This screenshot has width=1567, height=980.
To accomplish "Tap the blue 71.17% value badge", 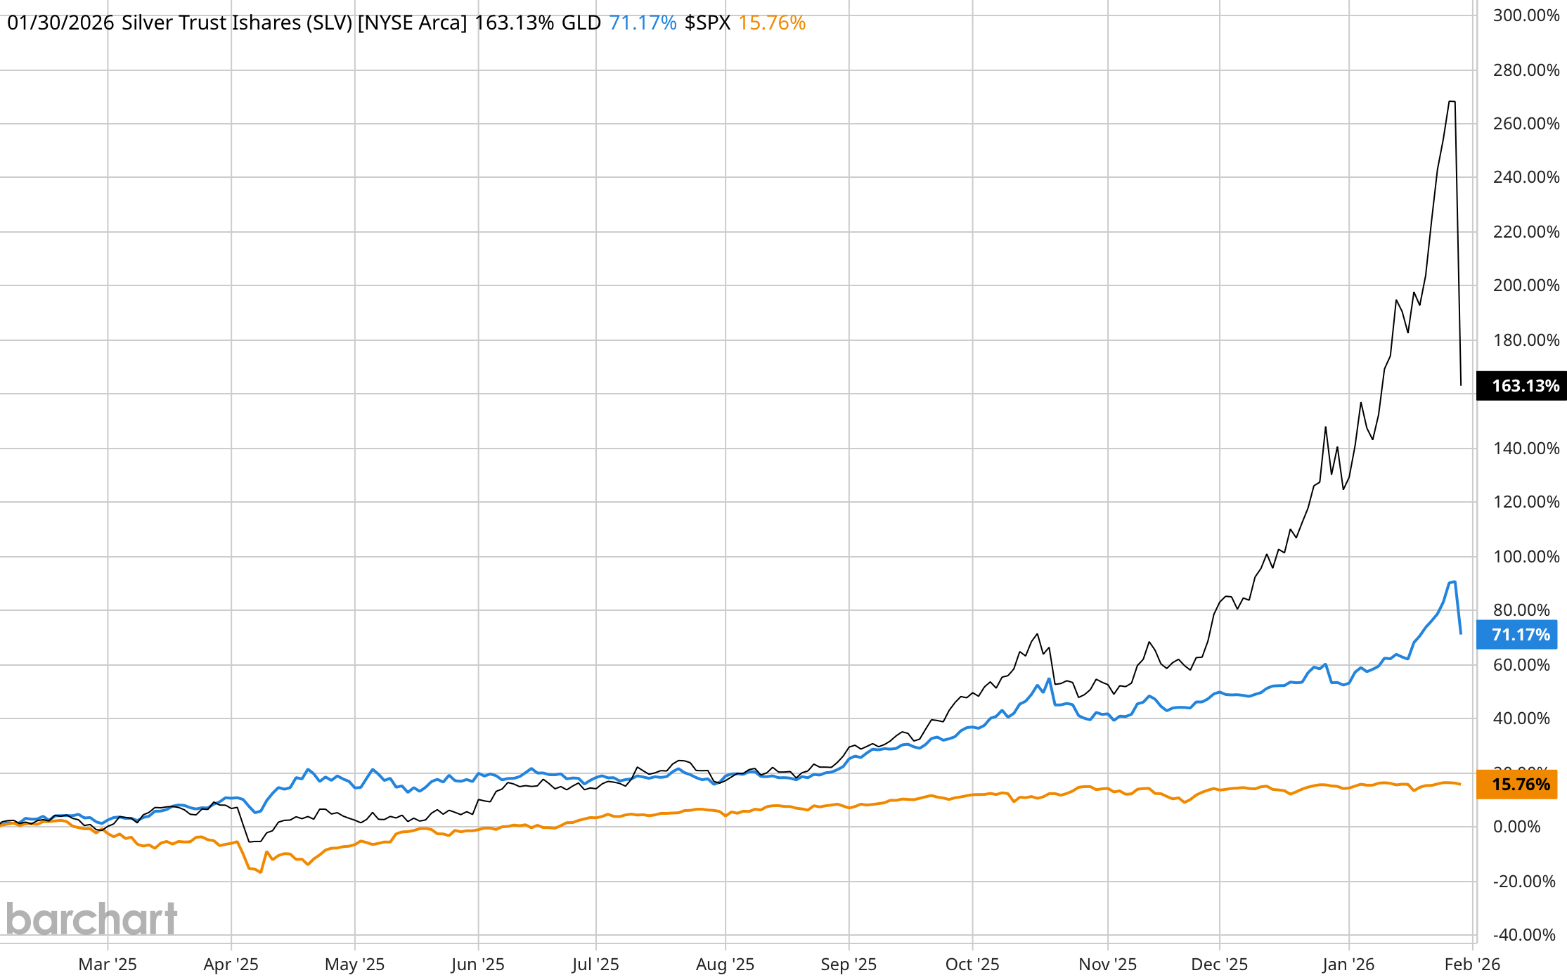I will click(x=1516, y=635).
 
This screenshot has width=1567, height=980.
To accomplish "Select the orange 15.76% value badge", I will click(x=1516, y=785).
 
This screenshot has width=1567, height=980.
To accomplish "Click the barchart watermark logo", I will click(x=91, y=919).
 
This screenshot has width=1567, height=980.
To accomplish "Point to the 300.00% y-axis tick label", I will click(x=1526, y=15).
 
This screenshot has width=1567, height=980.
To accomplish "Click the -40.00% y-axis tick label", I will click(x=1523, y=935).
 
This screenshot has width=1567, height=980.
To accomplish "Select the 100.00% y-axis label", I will click(x=1526, y=557).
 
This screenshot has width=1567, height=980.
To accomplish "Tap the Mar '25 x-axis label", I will click(x=108, y=965).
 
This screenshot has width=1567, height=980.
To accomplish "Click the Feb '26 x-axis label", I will click(x=1472, y=965).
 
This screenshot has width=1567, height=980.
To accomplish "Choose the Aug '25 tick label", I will click(x=725, y=965).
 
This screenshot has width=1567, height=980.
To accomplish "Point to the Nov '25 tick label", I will click(x=1107, y=965).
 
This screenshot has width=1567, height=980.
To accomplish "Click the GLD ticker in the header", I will click(x=581, y=23).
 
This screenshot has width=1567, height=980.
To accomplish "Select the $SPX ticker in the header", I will click(x=707, y=23).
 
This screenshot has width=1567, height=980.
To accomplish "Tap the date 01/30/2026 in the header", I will click(x=60, y=23).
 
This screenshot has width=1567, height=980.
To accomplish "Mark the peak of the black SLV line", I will click(x=1452, y=102).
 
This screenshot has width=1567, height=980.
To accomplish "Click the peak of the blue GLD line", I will click(x=1454, y=582).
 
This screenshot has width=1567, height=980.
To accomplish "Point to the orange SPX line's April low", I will click(x=261, y=872).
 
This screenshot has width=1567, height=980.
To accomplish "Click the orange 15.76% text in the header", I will click(x=771, y=23).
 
